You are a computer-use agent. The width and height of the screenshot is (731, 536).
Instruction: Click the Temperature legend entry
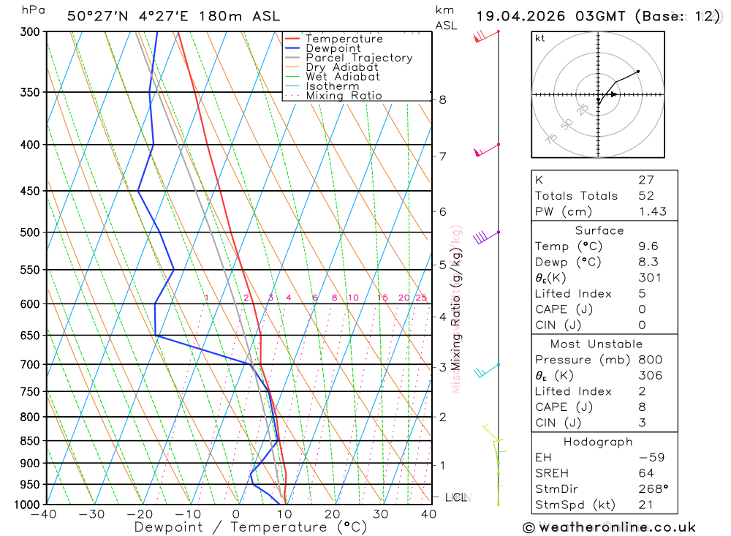click(344, 39)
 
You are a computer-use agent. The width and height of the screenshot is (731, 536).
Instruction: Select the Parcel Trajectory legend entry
click(359, 58)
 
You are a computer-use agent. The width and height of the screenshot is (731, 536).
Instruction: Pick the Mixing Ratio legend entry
click(344, 96)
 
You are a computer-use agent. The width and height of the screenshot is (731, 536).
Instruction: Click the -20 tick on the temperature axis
click(140, 514)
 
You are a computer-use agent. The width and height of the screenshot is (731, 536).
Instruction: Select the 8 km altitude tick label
click(442, 99)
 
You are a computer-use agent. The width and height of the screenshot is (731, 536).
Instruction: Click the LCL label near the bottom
click(455, 498)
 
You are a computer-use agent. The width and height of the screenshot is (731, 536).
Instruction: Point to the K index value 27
click(646, 180)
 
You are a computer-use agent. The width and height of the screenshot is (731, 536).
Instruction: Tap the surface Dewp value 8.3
click(648, 262)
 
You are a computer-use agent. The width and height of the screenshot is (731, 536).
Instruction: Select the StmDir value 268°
click(652, 489)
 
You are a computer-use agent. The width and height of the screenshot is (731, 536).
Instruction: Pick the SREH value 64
click(646, 473)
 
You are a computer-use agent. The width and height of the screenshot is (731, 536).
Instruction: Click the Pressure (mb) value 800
click(649, 360)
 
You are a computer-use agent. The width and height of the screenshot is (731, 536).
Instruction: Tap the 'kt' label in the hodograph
click(540, 38)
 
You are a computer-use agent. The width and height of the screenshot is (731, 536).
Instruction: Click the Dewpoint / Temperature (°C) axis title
click(251, 527)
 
